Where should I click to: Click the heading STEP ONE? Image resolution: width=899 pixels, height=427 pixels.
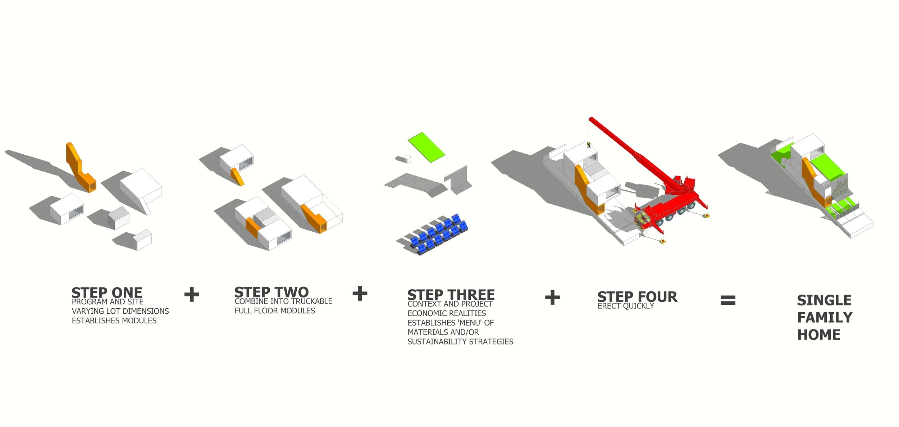pos(107,292)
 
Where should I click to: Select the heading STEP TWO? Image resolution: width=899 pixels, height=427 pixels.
pos(271,292)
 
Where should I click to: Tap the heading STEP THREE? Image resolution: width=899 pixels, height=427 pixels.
pos(451,295)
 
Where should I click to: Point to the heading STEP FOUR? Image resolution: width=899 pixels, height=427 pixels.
pos(637,297)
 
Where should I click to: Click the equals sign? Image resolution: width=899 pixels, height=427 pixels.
pos(728,300)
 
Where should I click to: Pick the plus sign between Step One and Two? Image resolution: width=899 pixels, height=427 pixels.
pos(192,294)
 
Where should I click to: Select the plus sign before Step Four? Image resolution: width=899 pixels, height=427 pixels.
pos(552,297)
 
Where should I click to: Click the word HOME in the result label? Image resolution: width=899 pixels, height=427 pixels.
pos(819,335)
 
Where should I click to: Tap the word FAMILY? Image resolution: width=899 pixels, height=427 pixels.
pos(825,318)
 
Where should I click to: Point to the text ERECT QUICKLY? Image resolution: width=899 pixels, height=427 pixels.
pos(626,306)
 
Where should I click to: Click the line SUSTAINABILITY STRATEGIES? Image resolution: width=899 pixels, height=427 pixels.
pos(460,342)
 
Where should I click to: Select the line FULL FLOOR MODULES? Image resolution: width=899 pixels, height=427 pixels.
pos(275,311)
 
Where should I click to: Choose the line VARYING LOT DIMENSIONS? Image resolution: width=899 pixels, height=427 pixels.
pos(120,311)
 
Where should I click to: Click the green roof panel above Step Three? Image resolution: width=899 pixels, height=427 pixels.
pos(426,147)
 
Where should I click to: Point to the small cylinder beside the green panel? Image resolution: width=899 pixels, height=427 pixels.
pos(403,159)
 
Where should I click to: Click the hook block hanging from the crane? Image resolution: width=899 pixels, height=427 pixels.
pos(589,145)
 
